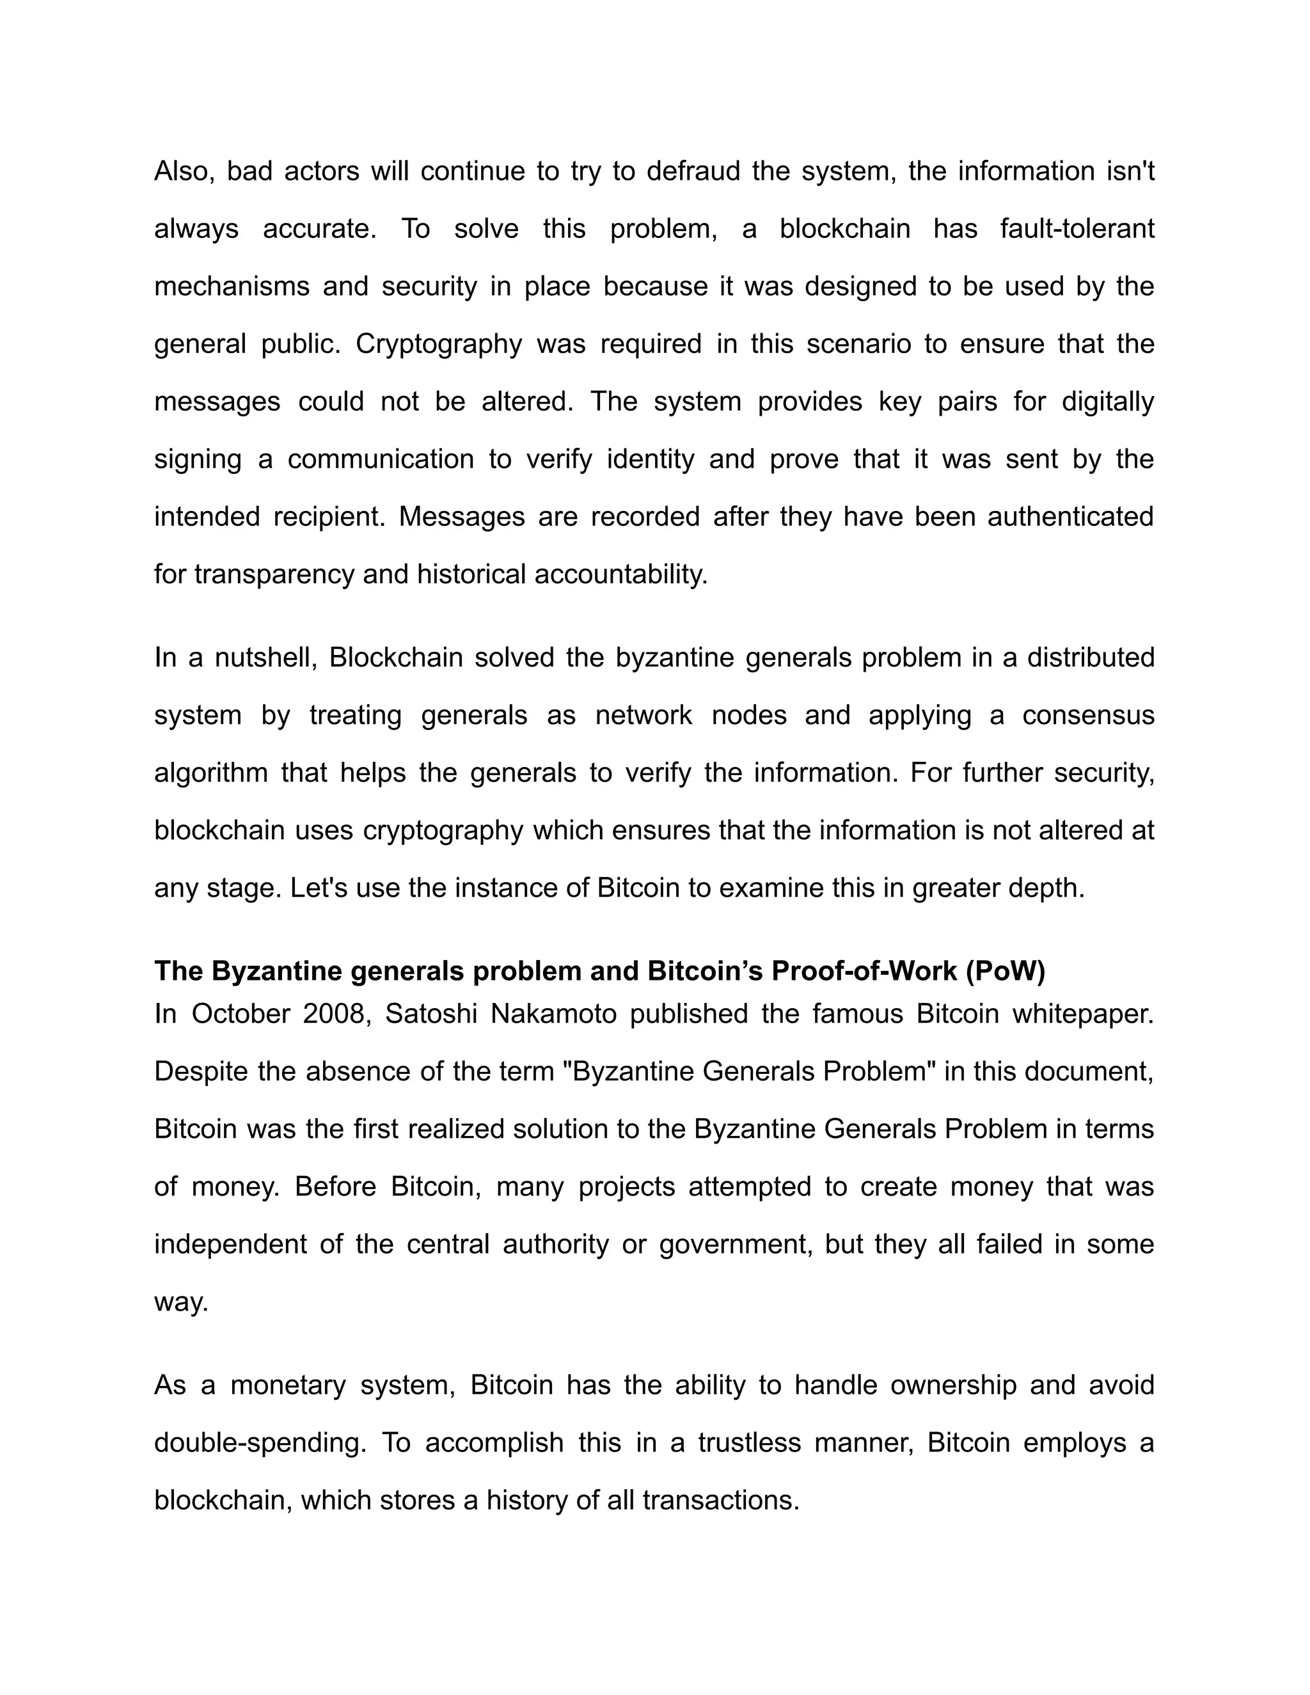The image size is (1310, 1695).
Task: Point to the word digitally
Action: tap(1107, 401)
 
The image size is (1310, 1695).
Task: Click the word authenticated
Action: tap(1070, 516)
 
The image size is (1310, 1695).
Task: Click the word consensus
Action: tap(1088, 715)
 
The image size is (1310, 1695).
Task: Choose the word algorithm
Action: tap(211, 773)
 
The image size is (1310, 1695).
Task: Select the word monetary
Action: tap(288, 1385)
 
